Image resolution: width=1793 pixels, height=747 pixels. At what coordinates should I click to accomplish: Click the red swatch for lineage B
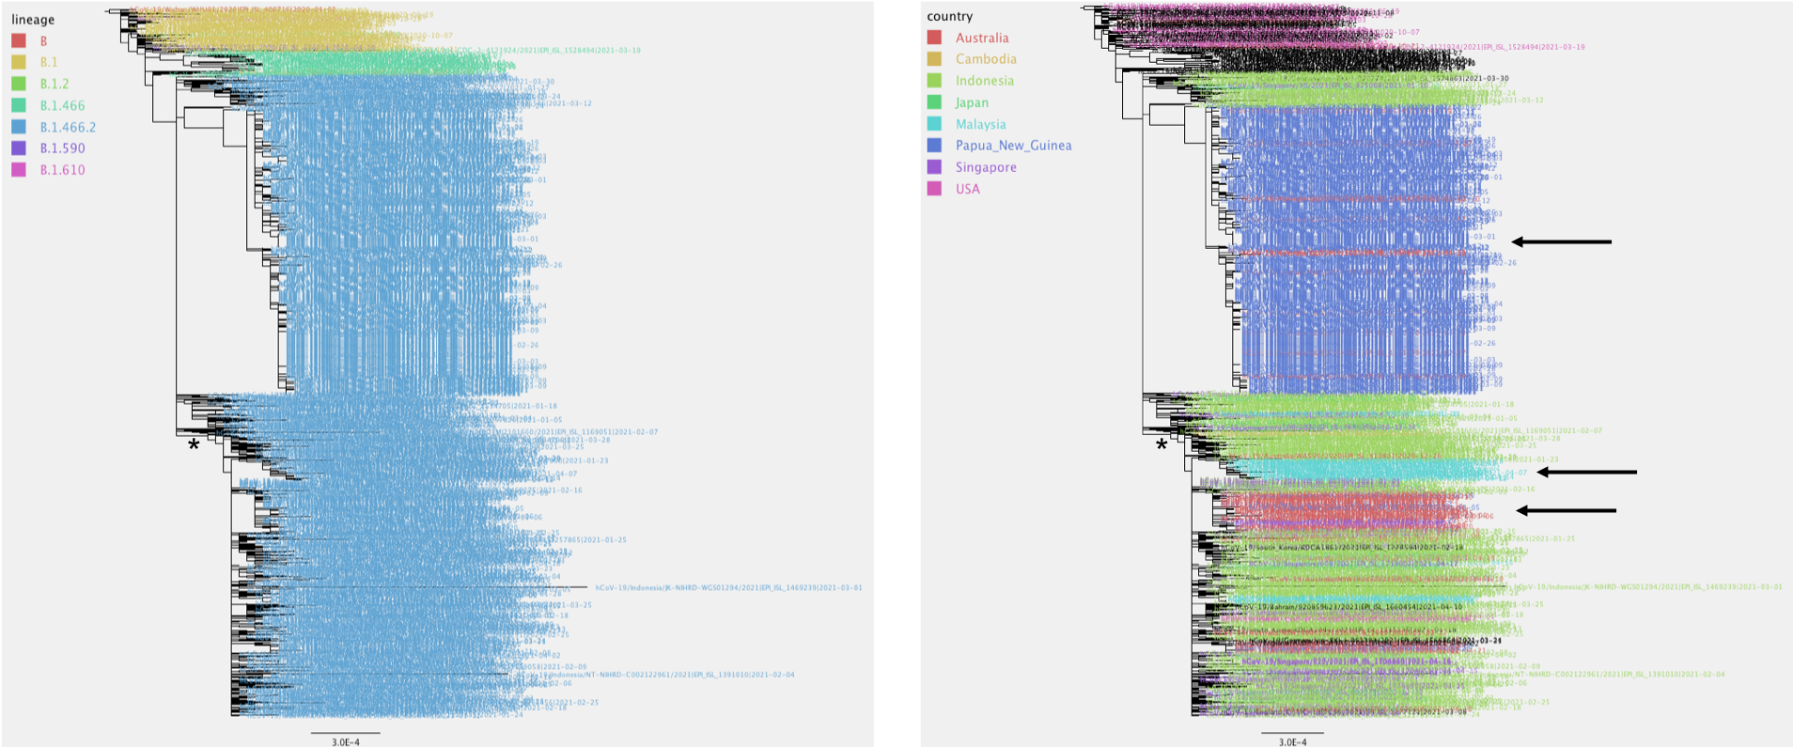tap(19, 41)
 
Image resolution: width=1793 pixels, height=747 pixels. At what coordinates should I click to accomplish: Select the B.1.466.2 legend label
tap(68, 127)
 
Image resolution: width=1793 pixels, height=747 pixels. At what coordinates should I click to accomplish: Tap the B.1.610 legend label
tap(62, 170)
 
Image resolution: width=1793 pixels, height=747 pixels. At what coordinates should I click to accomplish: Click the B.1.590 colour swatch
tap(19, 148)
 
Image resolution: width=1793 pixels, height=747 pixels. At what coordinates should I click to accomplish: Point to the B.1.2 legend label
tap(55, 84)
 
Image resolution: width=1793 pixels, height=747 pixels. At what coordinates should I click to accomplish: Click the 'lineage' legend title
tap(33, 20)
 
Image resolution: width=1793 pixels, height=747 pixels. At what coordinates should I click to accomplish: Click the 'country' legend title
tap(949, 16)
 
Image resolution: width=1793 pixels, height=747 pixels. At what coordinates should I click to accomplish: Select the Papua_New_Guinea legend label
tap(1013, 146)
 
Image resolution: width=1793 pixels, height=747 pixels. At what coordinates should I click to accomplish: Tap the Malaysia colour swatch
tap(934, 124)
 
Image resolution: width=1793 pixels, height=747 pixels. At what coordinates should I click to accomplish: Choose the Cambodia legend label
tap(986, 59)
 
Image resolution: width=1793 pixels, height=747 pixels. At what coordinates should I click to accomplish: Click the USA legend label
tap(967, 189)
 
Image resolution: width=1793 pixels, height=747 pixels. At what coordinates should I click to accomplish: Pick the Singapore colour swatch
tap(934, 167)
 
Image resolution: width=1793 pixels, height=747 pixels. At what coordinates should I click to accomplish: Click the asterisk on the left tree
tap(194, 445)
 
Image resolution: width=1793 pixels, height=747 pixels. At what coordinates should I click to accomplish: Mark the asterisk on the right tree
tap(1162, 445)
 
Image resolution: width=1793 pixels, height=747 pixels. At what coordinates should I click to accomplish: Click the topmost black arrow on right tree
tap(1561, 242)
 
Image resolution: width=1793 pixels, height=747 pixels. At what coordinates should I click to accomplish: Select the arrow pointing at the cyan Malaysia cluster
tap(1586, 473)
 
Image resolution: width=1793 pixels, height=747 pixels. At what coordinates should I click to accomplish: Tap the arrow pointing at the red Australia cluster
tap(1566, 511)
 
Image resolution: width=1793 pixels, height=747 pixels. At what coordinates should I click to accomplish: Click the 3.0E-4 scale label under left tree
tap(345, 741)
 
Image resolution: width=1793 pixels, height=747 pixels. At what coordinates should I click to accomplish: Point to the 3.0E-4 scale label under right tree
tap(1292, 741)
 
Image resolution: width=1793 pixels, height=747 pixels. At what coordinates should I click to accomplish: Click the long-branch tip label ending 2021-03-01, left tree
tap(728, 588)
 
